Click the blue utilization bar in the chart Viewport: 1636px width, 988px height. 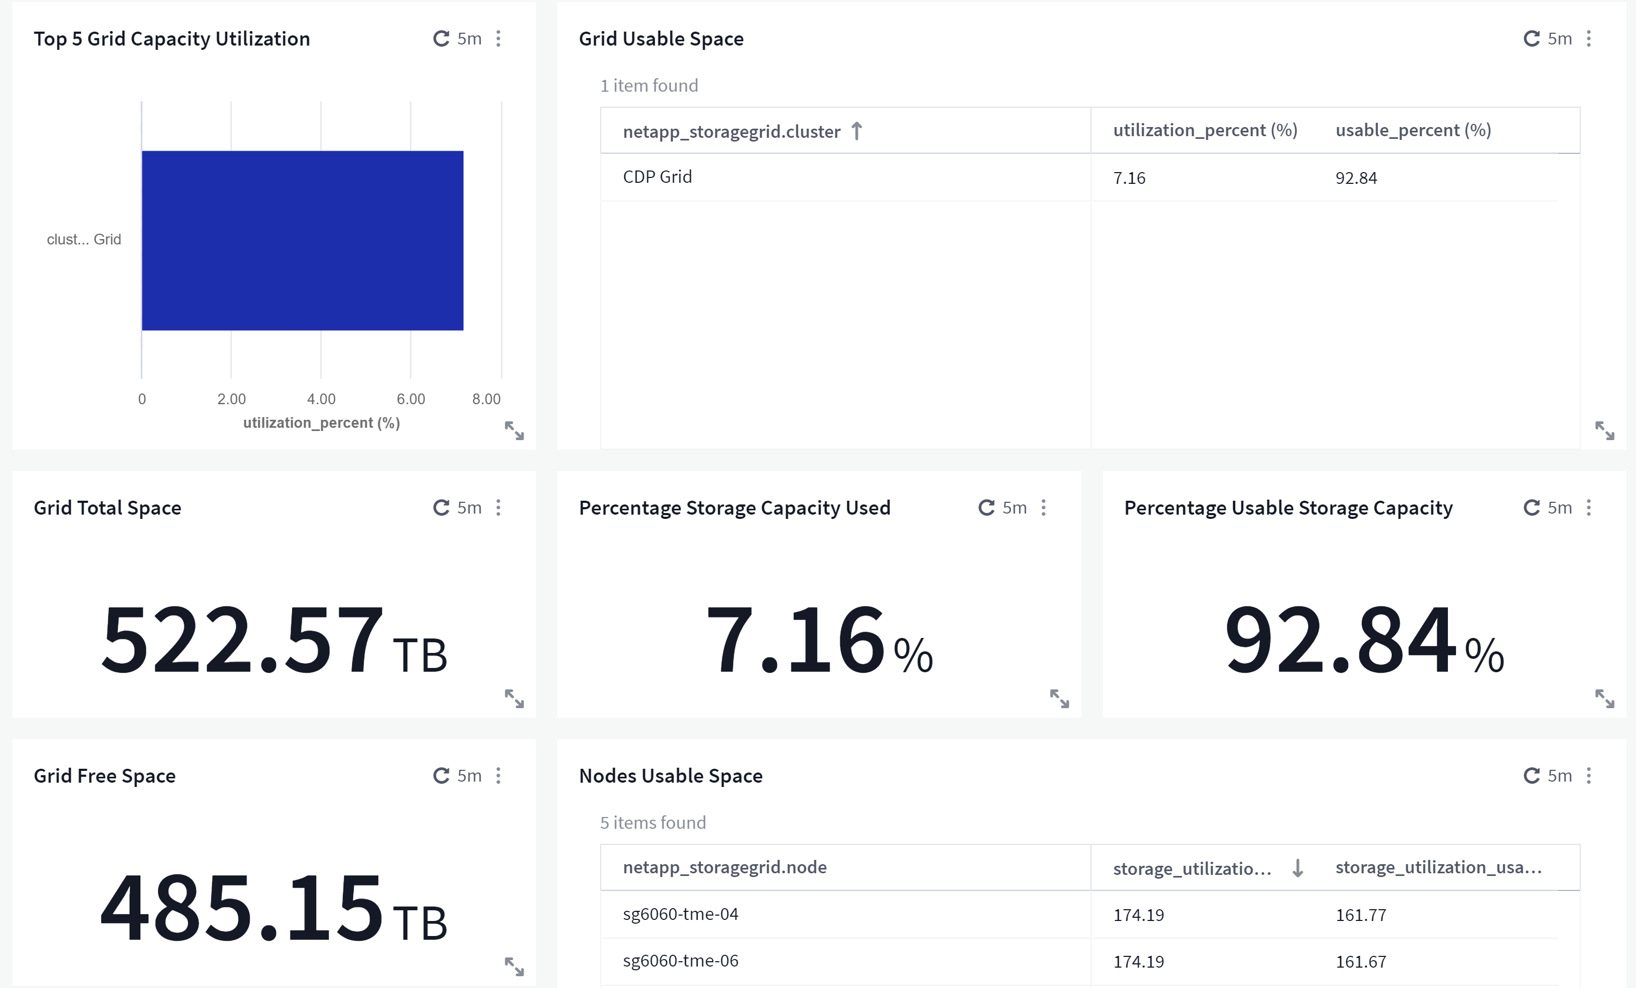pos(302,241)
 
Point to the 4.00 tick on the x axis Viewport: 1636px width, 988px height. pos(322,399)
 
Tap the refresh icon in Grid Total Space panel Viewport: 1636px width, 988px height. pos(441,508)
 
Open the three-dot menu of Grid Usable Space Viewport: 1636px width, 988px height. pos(1589,39)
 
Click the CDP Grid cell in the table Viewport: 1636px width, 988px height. pos(658,177)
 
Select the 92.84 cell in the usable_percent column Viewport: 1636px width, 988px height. pos(1356,178)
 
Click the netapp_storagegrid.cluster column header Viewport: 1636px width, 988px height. pos(731,131)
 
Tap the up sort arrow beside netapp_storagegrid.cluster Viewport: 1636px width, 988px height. pos(856,131)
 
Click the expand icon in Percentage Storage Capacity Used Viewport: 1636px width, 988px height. pos(1059,699)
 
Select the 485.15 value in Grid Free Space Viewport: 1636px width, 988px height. pos(242,908)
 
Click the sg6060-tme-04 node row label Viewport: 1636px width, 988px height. pos(681,914)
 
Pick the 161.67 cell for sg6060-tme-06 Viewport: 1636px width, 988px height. pos(1361,961)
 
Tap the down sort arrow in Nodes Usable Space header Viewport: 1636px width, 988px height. pos(1297,868)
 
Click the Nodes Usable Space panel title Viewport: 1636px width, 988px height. pos(670,776)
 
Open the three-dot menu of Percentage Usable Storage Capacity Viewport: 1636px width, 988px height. pos(1589,508)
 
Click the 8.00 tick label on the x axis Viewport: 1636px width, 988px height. pos(486,399)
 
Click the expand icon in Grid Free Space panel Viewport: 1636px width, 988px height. pos(514,967)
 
